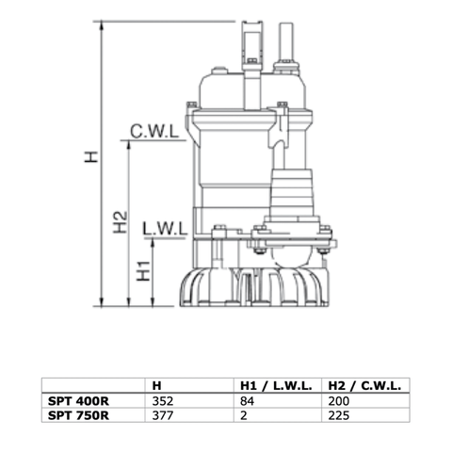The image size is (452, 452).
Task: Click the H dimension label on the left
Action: (x=91, y=160)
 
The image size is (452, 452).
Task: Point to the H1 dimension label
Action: (x=142, y=271)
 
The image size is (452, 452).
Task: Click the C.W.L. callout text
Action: (x=155, y=132)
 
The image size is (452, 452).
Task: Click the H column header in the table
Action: (x=156, y=385)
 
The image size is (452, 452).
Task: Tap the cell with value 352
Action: (x=163, y=398)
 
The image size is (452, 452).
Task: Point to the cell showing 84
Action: (x=245, y=398)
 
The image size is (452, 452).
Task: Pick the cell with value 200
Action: (x=337, y=398)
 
